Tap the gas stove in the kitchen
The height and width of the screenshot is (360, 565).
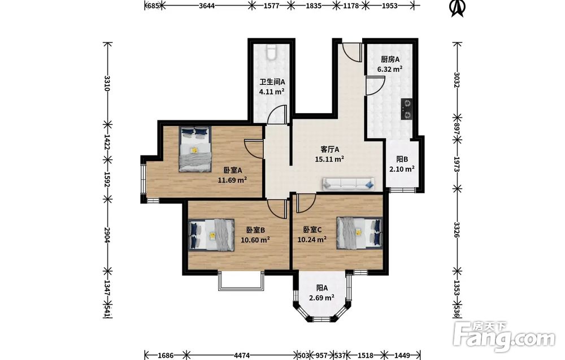click(x=407, y=110)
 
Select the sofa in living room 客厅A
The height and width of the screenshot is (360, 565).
click(x=348, y=184)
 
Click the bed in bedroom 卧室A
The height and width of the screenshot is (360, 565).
click(x=195, y=149)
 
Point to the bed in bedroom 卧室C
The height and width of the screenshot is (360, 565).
click(x=359, y=233)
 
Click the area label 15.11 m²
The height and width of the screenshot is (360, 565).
click(x=329, y=159)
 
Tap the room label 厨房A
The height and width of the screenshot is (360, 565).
click(x=390, y=59)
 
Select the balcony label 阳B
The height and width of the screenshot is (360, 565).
click(x=402, y=159)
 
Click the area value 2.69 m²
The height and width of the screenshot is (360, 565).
click(x=321, y=298)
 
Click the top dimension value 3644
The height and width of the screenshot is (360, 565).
click(x=206, y=6)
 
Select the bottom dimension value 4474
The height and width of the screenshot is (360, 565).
click(x=242, y=355)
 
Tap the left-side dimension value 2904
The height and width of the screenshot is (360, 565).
click(x=107, y=235)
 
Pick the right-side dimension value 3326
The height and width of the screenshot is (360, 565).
click(x=457, y=230)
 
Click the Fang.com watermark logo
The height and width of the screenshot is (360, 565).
click(x=504, y=337)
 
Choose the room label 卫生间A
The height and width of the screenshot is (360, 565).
click(x=272, y=82)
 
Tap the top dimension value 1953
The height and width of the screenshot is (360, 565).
click(x=389, y=6)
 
